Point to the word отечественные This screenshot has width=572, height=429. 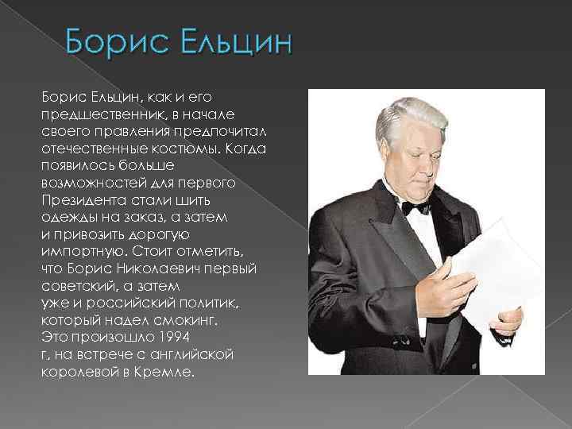click(93, 149)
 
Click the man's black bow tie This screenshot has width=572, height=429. click(415, 207)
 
